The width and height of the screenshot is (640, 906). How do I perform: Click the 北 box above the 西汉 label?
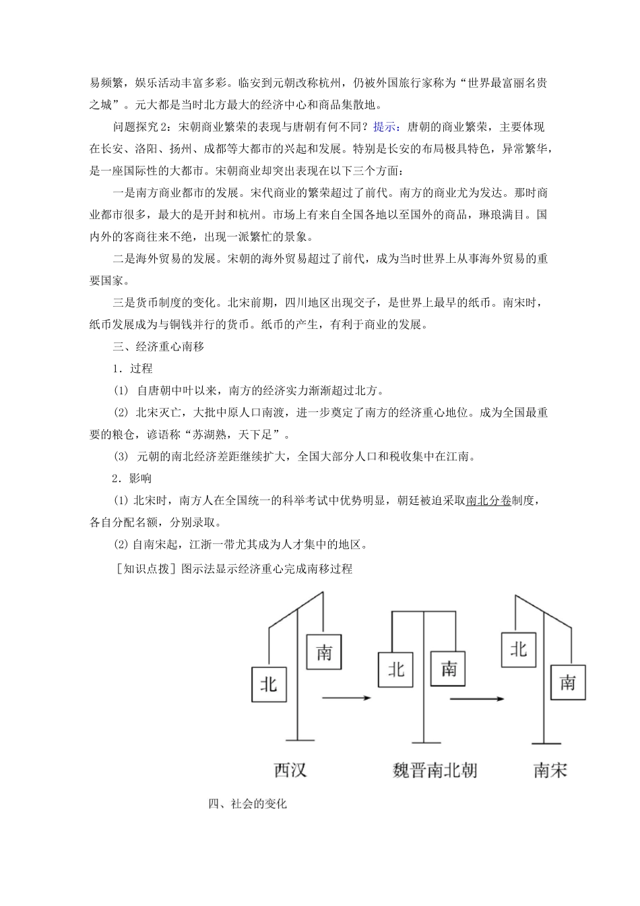269,684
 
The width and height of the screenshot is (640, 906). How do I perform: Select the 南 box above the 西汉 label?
324,653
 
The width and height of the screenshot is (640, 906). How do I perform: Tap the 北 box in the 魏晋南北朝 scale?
395,669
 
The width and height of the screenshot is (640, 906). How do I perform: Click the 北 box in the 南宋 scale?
519,648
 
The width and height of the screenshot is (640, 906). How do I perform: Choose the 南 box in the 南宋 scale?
567,682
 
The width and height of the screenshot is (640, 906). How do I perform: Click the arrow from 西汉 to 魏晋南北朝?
346,698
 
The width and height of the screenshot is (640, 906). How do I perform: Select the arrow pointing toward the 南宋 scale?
477,698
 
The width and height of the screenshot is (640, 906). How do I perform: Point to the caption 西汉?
290,769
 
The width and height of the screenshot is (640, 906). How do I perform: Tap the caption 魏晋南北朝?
435,769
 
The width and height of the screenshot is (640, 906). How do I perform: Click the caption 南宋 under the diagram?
550,769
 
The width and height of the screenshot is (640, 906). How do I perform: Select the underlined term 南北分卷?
488,500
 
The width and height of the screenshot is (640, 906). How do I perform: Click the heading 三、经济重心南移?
159,346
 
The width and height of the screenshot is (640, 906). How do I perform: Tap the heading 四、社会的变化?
248,804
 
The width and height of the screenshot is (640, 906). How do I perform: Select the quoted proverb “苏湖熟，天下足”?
231,435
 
